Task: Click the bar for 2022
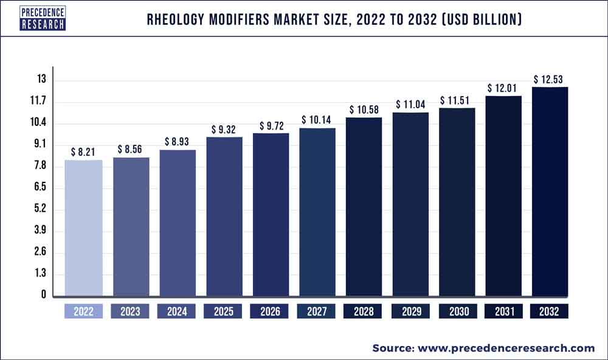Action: click(x=83, y=228)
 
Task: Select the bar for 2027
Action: click(x=317, y=212)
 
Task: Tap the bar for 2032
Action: click(x=550, y=192)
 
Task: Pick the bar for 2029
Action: click(x=410, y=204)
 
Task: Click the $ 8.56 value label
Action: click(x=130, y=148)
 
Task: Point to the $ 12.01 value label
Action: click(x=503, y=88)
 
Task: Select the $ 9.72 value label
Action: click(x=270, y=125)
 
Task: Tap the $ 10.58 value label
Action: click(x=364, y=109)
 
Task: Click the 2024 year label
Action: click(x=177, y=312)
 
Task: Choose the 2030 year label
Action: click(x=457, y=312)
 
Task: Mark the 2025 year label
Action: click(x=224, y=312)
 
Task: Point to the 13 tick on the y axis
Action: click(x=41, y=80)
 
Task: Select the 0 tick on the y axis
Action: click(x=44, y=295)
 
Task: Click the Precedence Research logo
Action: click(x=43, y=19)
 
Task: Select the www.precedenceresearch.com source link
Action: click(x=504, y=348)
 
